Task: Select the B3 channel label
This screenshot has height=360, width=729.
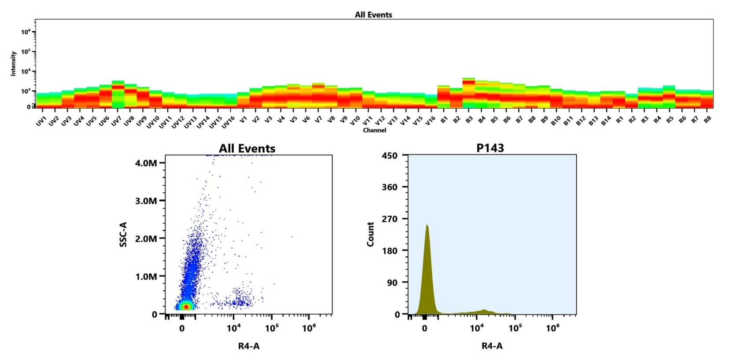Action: [469, 120]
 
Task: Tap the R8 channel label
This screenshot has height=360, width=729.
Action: [708, 120]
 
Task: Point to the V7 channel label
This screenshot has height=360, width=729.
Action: [318, 119]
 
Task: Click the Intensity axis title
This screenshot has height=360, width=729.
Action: [13, 63]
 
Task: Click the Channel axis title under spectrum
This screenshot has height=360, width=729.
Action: [374, 130]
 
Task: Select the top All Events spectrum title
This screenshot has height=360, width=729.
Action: [373, 15]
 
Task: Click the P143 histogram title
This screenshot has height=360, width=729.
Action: [490, 148]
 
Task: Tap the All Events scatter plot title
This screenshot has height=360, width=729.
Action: [247, 148]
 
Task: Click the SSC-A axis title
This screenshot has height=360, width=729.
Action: [123, 234]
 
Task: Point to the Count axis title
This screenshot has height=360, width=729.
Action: [370, 234]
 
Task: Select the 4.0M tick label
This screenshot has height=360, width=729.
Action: [146, 163]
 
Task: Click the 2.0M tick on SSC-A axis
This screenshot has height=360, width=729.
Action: [146, 239]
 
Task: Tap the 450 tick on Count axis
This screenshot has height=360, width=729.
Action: [389, 155]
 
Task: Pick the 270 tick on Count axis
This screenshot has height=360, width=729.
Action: [389, 219]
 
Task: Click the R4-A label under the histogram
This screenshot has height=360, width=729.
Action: [492, 346]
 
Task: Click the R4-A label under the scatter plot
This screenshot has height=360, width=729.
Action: [249, 346]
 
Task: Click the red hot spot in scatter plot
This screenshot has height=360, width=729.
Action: [186, 307]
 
